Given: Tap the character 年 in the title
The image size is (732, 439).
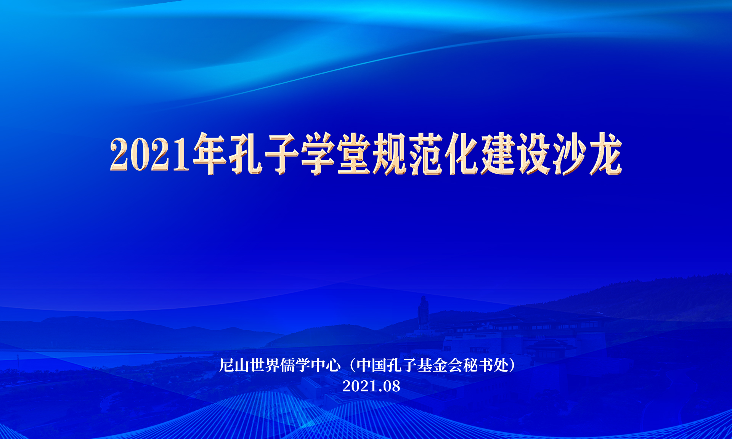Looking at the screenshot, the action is [x=210, y=153].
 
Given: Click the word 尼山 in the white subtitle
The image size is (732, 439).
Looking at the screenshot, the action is [x=234, y=365].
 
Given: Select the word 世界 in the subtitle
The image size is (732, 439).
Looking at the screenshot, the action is [x=265, y=365].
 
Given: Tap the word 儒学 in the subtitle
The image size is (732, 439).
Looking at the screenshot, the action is [x=295, y=365].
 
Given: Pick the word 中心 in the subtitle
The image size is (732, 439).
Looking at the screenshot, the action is [x=326, y=365].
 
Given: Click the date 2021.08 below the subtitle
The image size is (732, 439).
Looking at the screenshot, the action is [x=371, y=386].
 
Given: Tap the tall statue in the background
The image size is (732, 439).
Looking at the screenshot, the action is [x=424, y=312].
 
